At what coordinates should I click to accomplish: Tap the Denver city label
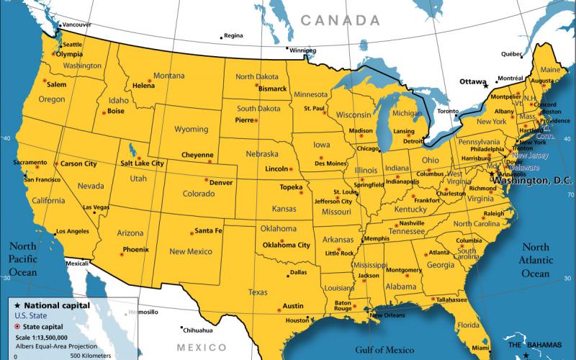pyautogui.click(x=220, y=182)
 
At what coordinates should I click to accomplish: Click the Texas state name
pyautogui.click(x=258, y=292)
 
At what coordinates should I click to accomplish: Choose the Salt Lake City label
pyautogui.click(x=142, y=163)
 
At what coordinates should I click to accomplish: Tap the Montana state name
pyautogui.click(x=168, y=76)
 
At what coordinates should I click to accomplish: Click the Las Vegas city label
pyautogui.click(x=96, y=207)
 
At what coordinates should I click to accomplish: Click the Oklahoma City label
pyautogui.click(x=286, y=245)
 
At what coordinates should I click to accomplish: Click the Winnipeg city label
pyautogui.click(x=302, y=50)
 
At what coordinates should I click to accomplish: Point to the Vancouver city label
pyautogui.click(x=77, y=24)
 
